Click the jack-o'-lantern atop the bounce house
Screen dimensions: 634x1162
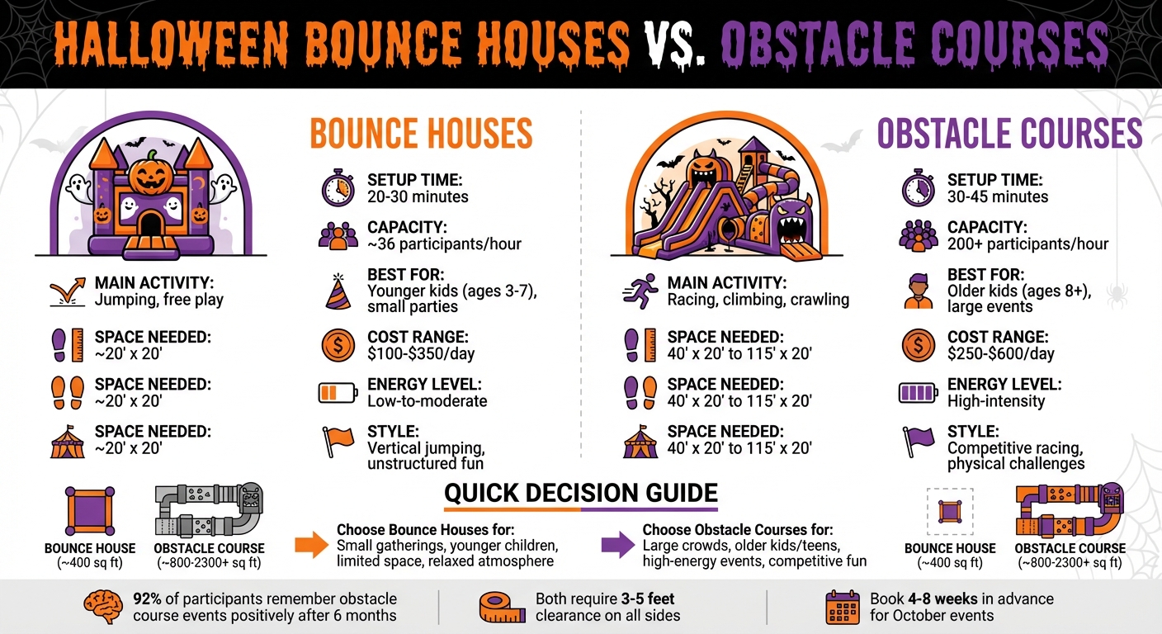click(x=150, y=173)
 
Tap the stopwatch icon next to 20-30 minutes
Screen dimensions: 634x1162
click(x=338, y=188)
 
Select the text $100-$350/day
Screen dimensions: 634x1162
click(x=420, y=354)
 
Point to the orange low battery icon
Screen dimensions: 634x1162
click(x=338, y=393)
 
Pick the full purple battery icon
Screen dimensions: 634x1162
click(x=918, y=393)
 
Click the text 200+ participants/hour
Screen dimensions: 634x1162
click(x=1027, y=244)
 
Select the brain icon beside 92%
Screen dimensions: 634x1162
click(x=102, y=607)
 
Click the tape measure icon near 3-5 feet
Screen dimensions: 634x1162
click(x=502, y=607)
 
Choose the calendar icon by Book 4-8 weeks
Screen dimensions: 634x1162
click(x=843, y=607)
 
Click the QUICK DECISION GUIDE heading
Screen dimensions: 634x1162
click(x=580, y=493)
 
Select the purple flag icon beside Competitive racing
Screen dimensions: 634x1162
click(x=918, y=440)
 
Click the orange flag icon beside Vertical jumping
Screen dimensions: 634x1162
click(x=338, y=440)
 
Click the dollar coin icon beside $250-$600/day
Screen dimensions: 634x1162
click(x=918, y=345)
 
